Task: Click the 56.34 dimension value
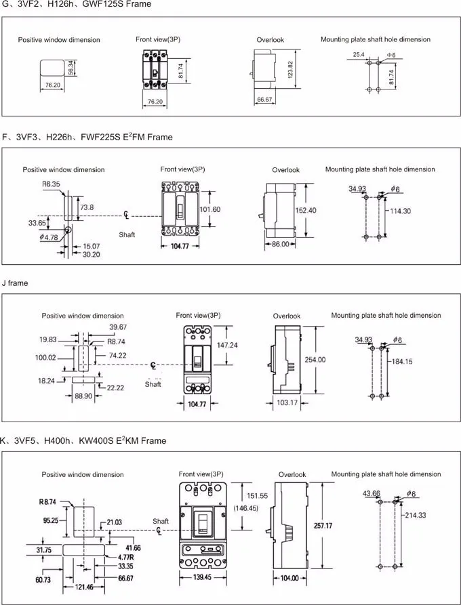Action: click(x=70, y=68)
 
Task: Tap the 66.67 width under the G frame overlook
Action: click(x=264, y=100)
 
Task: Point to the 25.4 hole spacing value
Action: click(x=359, y=54)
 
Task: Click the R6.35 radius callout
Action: click(x=51, y=184)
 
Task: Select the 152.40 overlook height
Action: click(x=306, y=211)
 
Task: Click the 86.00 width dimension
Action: click(x=280, y=244)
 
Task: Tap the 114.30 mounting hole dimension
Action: click(x=400, y=211)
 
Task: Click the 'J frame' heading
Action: click(x=15, y=283)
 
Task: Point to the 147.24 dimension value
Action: click(x=226, y=345)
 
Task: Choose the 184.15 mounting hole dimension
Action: click(x=402, y=362)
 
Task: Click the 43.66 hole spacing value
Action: click(x=372, y=493)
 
